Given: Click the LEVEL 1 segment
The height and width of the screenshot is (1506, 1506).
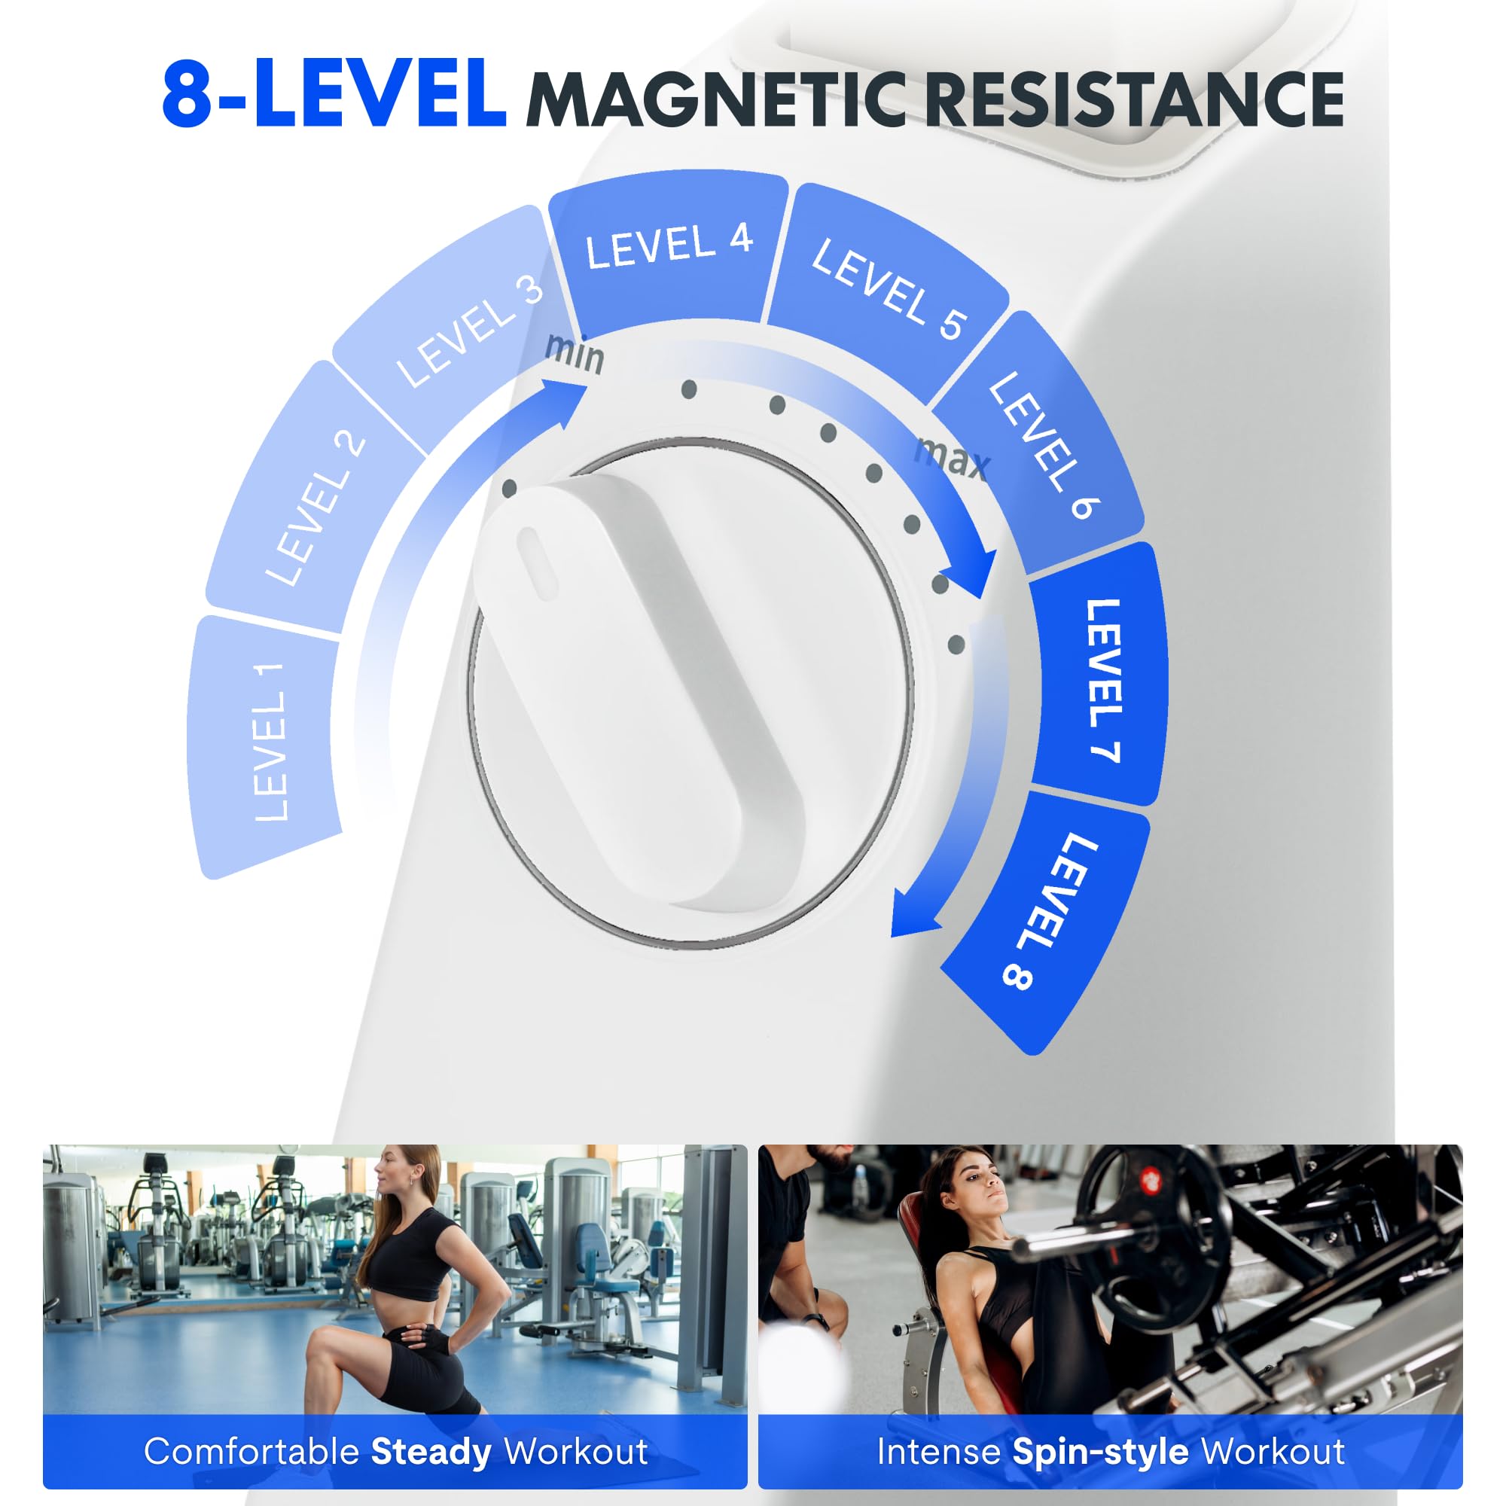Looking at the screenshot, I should [265, 745].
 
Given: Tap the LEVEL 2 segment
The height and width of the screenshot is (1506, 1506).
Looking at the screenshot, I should [312, 507].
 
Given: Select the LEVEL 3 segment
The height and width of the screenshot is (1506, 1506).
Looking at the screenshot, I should [460, 328].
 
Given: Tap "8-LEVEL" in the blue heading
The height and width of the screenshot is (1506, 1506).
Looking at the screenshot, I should [334, 95].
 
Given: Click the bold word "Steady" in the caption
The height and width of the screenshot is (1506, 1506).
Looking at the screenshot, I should [431, 1452].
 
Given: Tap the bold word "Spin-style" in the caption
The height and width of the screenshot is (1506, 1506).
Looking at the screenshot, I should [1100, 1452].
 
